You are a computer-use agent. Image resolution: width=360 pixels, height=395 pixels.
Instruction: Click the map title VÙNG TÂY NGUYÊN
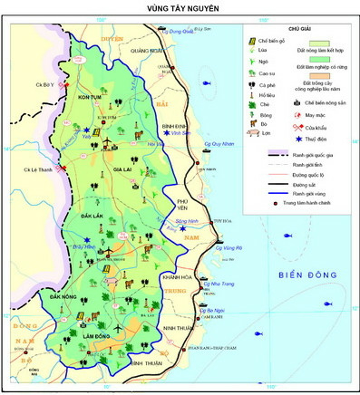point(181,8)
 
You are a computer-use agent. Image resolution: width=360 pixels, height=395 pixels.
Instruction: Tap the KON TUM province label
point(90,97)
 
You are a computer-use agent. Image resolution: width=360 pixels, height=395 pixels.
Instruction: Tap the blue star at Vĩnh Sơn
point(165,132)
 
